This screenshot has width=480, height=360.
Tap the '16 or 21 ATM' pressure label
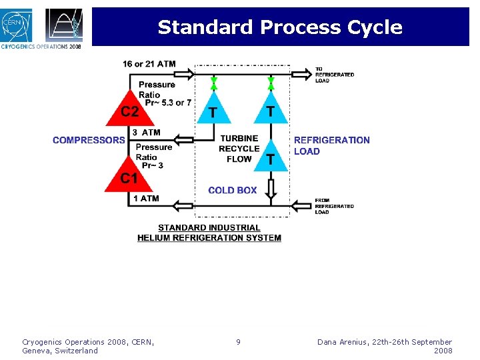[x=149, y=64]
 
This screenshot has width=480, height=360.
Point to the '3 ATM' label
[x=145, y=133]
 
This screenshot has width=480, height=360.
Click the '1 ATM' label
[x=145, y=198]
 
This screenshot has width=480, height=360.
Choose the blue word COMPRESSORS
[x=89, y=140]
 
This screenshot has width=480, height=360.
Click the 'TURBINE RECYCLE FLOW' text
[x=239, y=149]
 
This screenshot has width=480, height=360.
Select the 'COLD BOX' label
[x=232, y=190]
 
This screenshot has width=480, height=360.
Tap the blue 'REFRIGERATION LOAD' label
[x=331, y=145]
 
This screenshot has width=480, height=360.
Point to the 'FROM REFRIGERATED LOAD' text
[x=334, y=206]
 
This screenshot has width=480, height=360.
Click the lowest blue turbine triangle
[x=271, y=157]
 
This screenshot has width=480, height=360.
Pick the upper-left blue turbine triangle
[x=213, y=109]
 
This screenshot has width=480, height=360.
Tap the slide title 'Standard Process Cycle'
[x=280, y=27]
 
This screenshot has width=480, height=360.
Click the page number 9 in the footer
[x=238, y=342]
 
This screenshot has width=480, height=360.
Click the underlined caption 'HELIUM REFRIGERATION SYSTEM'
[x=209, y=238]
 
